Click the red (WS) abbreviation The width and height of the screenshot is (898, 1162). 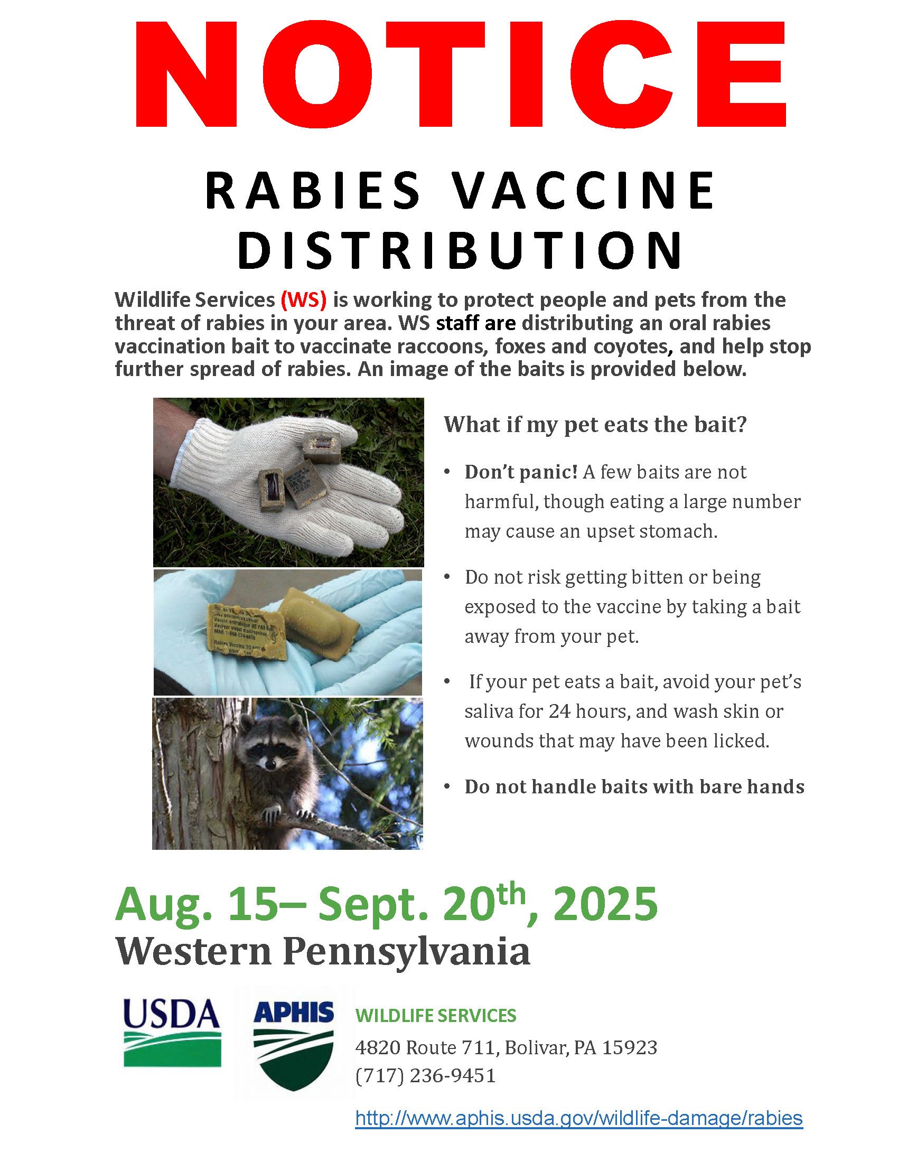(x=303, y=301)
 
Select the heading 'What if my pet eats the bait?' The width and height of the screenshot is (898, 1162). (x=595, y=425)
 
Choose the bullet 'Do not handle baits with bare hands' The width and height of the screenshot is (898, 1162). (x=634, y=787)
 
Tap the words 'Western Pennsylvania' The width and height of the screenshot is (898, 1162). (x=323, y=952)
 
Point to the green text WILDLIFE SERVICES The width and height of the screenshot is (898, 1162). (x=436, y=1016)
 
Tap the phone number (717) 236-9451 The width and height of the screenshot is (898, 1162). (x=426, y=1075)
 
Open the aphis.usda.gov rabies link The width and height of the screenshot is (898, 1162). (x=579, y=1118)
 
